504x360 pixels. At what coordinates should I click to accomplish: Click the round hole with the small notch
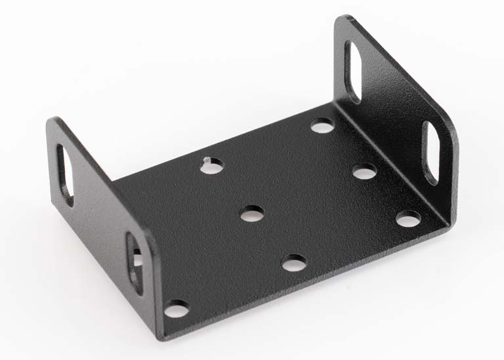point(211,165)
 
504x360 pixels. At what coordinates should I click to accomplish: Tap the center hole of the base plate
point(252,213)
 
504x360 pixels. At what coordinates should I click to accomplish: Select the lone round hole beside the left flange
point(176,308)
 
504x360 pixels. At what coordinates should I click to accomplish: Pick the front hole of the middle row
point(295,263)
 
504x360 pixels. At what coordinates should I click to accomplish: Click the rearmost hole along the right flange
point(322,125)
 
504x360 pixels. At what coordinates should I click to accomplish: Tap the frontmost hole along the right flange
point(408,218)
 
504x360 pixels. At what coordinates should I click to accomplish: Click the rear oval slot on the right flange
point(352,71)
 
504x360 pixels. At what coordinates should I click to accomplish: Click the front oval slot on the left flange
point(135,262)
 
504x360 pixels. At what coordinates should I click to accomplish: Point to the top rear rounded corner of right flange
point(345,20)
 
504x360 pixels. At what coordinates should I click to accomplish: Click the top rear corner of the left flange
point(52,121)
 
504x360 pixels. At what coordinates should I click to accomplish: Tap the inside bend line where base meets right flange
point(387,157)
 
